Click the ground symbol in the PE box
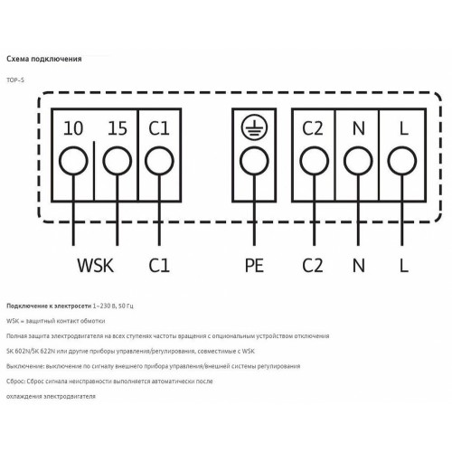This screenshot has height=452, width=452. tap(254, 127)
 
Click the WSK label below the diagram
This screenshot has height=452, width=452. tap(96, 266)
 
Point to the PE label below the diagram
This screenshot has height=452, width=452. tap(254, 266)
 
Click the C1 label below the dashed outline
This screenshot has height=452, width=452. tap(159, 266)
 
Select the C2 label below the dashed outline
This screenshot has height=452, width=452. tap(313, 266)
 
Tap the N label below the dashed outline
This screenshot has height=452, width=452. tap(358, 266)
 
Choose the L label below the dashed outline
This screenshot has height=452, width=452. tap(404, 266)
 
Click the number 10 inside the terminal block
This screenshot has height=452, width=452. tap(73, 128)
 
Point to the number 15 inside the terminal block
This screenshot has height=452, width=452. tap(118, 128)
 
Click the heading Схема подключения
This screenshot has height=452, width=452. tap(44, 59)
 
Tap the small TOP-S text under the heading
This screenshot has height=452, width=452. tap(15, 80)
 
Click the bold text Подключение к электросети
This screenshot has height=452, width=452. tap(49, 306)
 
